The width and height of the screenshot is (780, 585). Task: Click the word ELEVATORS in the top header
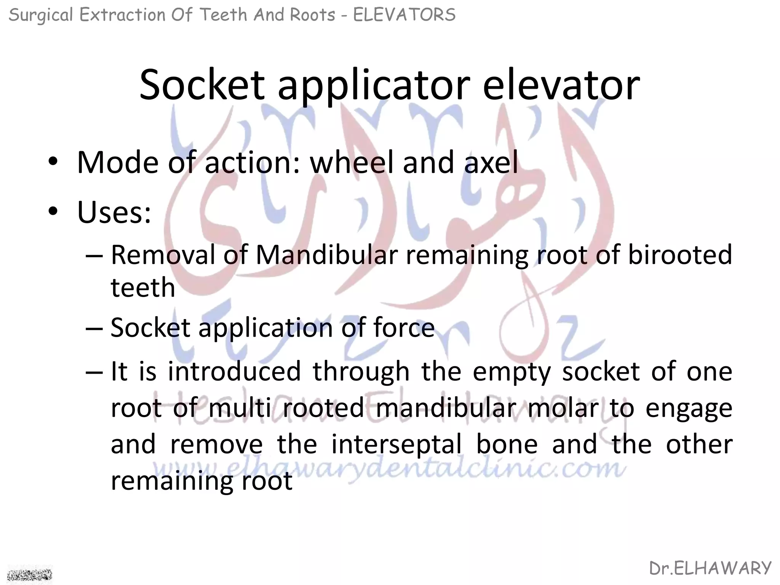(404, 15)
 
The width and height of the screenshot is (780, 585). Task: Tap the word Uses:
(114, 212)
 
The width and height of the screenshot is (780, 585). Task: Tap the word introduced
(234, 371)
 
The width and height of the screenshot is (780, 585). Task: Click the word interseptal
(396, 444)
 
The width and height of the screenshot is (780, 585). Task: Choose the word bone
(507, 444)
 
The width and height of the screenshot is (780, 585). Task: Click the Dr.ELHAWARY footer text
(710, 568)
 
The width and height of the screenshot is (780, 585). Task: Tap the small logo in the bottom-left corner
(30, 574)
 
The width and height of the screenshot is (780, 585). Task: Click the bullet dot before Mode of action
(53, 163)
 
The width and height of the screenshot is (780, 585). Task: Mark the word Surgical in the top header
(40, 15)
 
